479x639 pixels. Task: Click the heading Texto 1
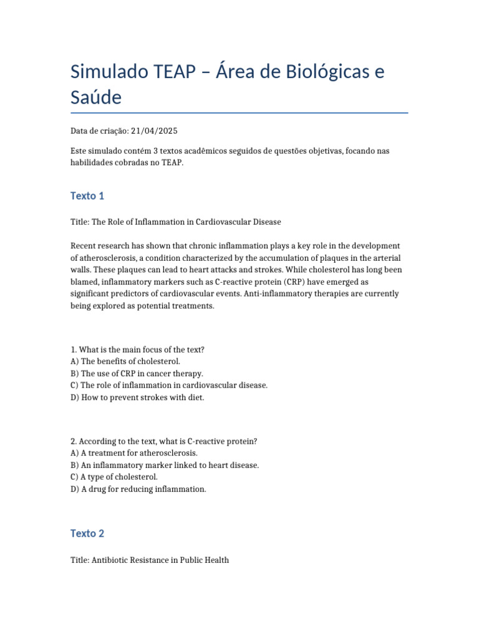87,196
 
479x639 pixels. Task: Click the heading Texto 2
87,534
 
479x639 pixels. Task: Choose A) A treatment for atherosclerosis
134,453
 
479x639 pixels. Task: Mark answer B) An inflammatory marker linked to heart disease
165,465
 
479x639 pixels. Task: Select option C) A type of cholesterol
114,477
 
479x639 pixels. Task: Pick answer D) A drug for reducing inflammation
138,489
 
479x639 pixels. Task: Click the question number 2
74,441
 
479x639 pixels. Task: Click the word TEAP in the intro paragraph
175,163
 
